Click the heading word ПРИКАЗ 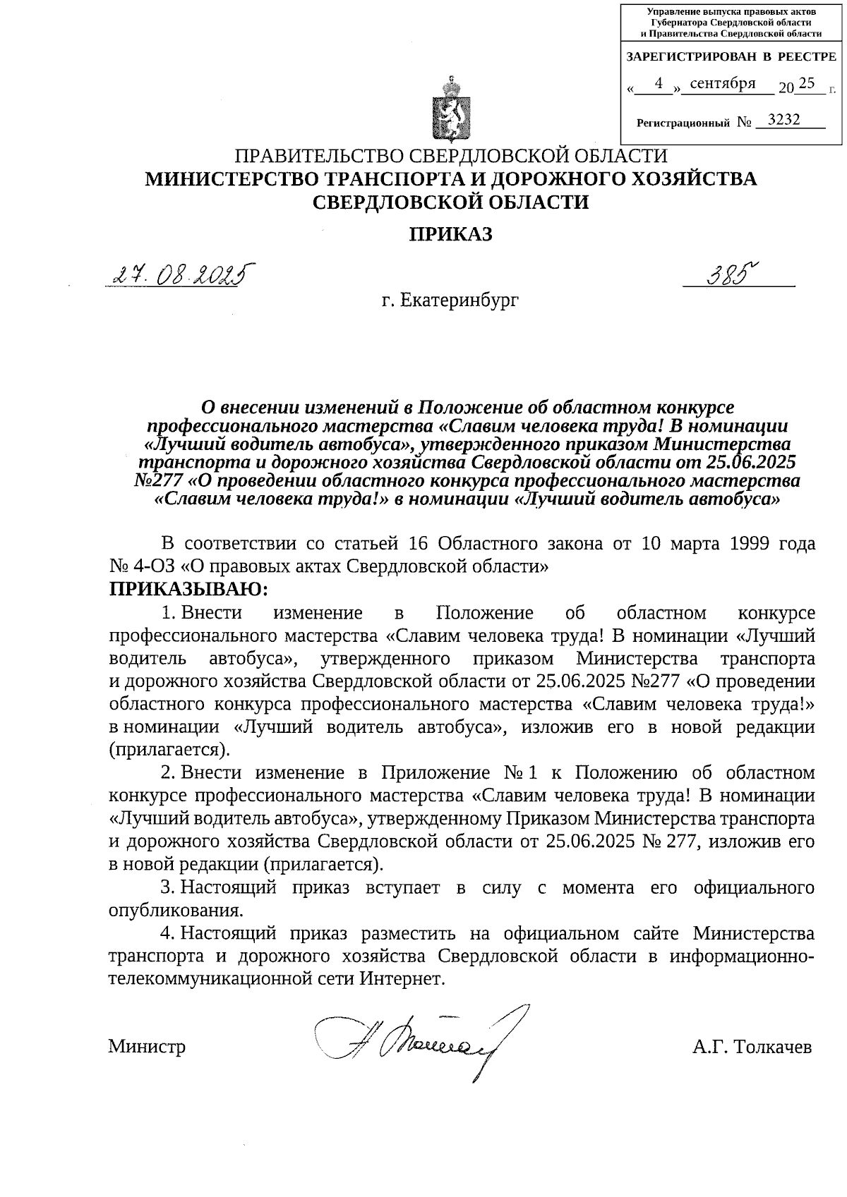[x=451, y=235]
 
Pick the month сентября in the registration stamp [x=723, y=84]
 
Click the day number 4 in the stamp [x=658, y=84]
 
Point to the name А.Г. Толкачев [x=752, y=1046]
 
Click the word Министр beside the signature [x=147, y=1046]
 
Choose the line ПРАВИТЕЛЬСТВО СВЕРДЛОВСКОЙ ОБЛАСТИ [x=451, y=157]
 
